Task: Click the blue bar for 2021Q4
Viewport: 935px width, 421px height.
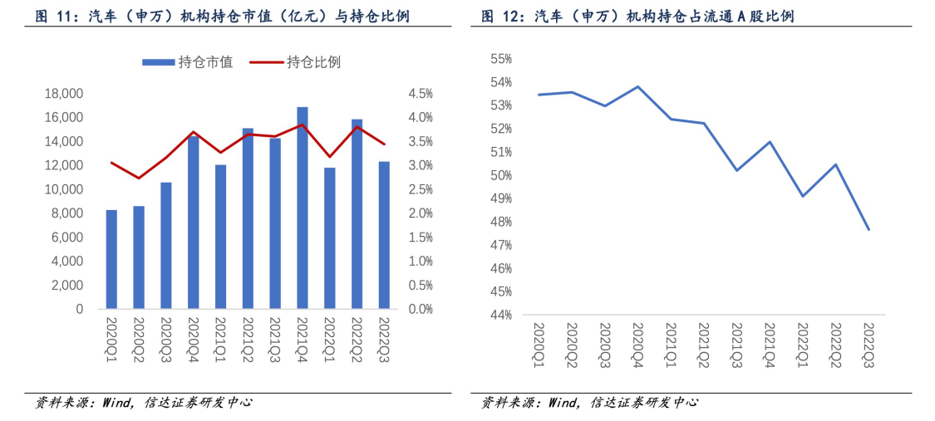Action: [x=303, y=208]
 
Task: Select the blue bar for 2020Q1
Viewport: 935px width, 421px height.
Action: [x=111, y=259]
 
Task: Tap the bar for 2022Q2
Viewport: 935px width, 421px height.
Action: [x=357, y=214]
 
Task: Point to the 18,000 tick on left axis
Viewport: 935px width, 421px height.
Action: [x=63, y=94]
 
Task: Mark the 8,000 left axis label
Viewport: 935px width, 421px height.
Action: [x=66, y=213]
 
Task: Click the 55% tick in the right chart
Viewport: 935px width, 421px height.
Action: [x=501, y=59]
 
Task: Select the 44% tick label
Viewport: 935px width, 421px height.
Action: [x=501, y=316]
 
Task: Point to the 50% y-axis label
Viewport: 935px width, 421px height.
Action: [x=501, y=175]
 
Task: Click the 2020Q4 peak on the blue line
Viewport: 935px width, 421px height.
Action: [x=637, y=86]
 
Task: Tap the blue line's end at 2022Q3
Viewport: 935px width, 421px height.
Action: [x=869, y=229]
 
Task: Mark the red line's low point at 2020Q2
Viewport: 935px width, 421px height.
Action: [x=139, y=179]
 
